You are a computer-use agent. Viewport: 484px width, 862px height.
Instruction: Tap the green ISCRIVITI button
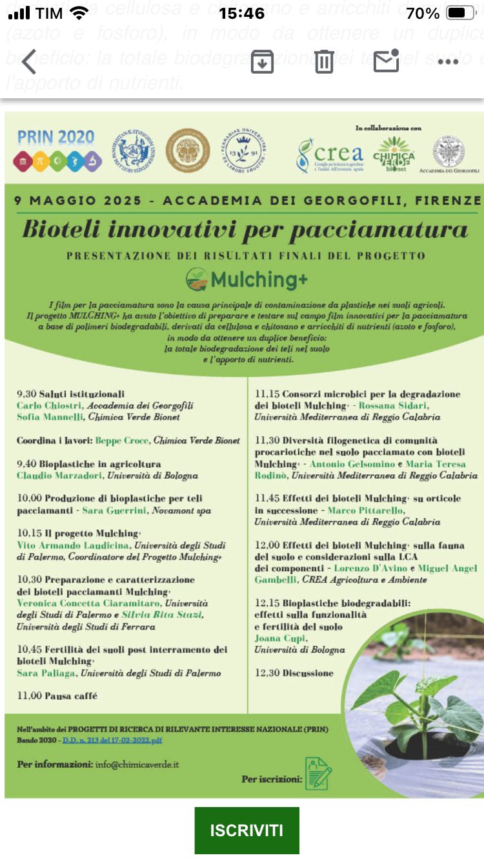pos(247,830)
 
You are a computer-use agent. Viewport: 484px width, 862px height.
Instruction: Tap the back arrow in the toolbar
pos(29,62)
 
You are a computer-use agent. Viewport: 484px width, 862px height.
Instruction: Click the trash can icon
pos(324,61)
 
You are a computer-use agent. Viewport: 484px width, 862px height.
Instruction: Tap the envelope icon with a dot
pos(386,61)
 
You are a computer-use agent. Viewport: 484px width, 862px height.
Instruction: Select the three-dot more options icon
pos(448,62)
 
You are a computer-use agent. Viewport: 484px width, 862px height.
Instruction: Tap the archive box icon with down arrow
pos(262,61)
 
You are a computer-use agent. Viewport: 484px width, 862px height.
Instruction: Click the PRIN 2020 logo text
pos(55,138)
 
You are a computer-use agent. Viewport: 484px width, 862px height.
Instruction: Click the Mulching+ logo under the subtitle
pos(247,279)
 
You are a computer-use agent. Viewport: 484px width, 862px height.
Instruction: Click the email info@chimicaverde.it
pos(137,764)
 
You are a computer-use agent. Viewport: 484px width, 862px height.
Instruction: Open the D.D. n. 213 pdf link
pos(112,740)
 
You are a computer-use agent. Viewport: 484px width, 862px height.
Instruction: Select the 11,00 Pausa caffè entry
pos(57,696)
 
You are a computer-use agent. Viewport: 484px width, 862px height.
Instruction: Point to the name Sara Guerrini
pos(119,510)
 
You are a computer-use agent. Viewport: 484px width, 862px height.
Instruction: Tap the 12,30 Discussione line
pos(294,673)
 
